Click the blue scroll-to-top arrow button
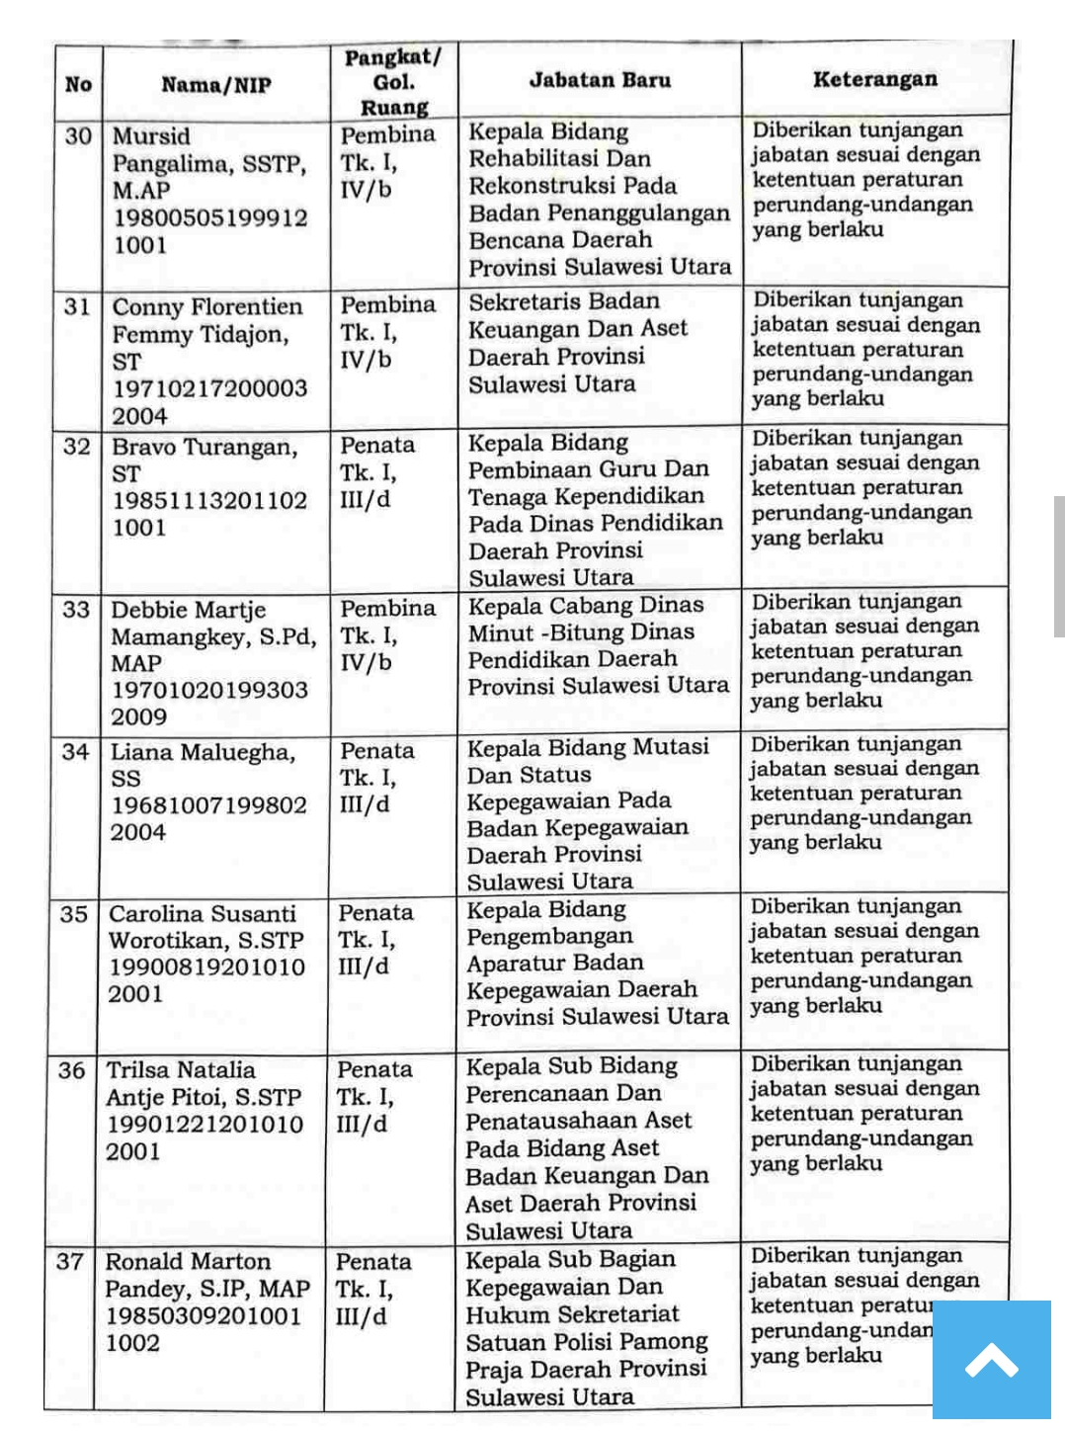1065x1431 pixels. coord(992,1362)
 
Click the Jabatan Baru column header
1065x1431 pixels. coord(600,80)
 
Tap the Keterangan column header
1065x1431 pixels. coord(874,79)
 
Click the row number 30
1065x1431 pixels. coord(78,135)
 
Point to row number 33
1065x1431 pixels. coord(76,609)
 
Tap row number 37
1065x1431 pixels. coord(70,1261)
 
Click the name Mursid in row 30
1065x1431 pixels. coord(151,136)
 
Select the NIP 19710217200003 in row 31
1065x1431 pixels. coord(209,388)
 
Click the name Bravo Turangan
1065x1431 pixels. coord(205,447)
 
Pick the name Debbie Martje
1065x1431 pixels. coord(188,610)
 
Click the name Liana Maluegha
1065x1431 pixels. coord(203,752)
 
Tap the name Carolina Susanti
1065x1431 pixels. coord(203,913)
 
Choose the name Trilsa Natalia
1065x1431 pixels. coord(181,1069)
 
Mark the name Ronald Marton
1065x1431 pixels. coord(188,1261)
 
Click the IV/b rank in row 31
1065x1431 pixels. coord(366,360)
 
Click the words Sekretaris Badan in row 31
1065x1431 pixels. coord(563,301)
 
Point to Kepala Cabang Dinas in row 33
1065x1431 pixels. coord(585,605)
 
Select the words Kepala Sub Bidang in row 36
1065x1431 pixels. coord(571,1066)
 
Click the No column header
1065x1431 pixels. coord(78,85)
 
